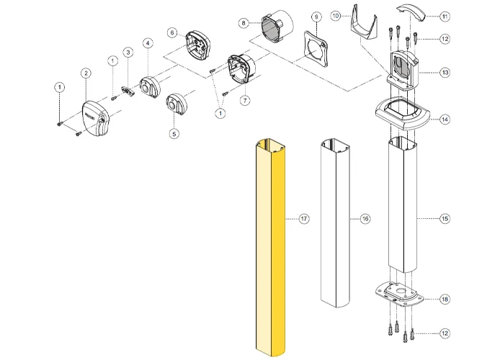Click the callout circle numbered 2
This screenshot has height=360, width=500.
coord(86,73)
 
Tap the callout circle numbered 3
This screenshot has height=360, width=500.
coord(127,52)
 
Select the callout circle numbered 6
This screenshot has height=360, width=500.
coord(172,32)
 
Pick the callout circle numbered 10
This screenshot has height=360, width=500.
coord(336,15)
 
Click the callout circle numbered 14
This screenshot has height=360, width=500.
coord(445,119)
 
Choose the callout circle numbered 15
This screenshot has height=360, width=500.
coord(445,217)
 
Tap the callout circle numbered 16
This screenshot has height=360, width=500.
coord(365,217)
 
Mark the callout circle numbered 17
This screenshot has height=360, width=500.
coord(304,217)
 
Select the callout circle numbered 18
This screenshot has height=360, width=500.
coord(445,298)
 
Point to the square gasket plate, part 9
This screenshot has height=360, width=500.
coord(315,49)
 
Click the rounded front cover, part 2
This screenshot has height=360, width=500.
coord(97,120)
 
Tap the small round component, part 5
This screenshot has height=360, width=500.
coord(177,104)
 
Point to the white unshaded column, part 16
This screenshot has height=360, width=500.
coord(335,223)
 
